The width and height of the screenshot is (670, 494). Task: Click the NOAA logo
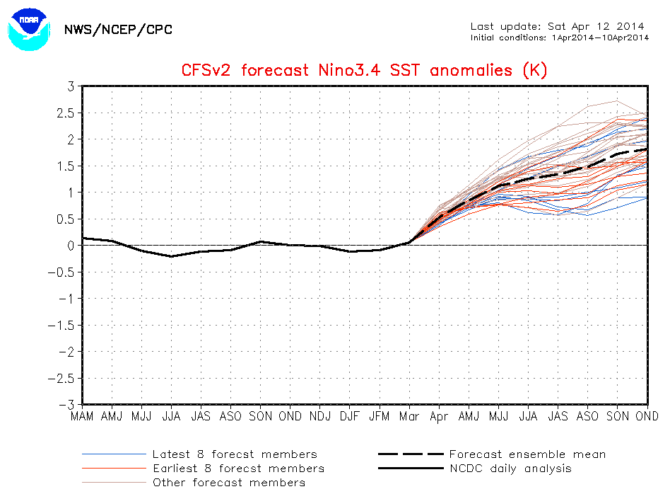tap(30, 28)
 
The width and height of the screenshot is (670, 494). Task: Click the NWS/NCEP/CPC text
tap(117, 30)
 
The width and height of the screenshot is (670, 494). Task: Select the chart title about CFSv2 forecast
tap(365, 70)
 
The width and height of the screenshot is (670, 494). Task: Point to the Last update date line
tap(559, 26)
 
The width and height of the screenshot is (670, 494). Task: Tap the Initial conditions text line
tap(559, 38)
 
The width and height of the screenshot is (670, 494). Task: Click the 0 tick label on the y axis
tap(71, 246)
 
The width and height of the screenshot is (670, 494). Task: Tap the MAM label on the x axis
tap(83, 416)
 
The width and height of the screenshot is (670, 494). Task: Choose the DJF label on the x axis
tap(349, 416)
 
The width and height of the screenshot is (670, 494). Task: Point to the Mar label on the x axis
tap(409, 416)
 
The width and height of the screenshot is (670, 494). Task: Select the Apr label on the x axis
tap(439, 416)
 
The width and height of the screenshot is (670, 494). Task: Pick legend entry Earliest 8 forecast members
tap(238, 469)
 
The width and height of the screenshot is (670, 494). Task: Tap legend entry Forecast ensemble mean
tap(527, 454)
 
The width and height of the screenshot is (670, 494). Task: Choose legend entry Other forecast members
tap(229, 483)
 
